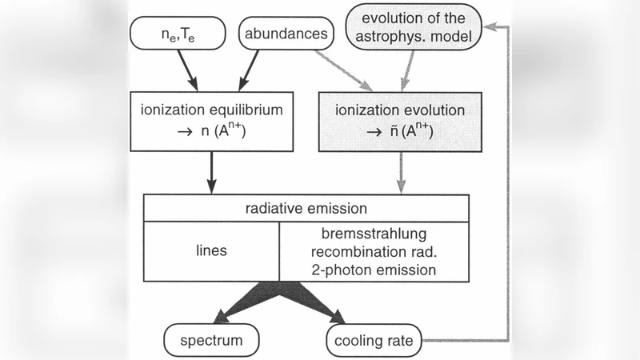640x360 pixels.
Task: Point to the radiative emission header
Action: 306,209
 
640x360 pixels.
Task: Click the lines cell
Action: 211,251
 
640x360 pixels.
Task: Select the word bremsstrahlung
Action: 374,234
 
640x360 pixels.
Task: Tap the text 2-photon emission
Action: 374,270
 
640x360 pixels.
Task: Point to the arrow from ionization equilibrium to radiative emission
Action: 212,173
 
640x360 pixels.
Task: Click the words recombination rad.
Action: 374,252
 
